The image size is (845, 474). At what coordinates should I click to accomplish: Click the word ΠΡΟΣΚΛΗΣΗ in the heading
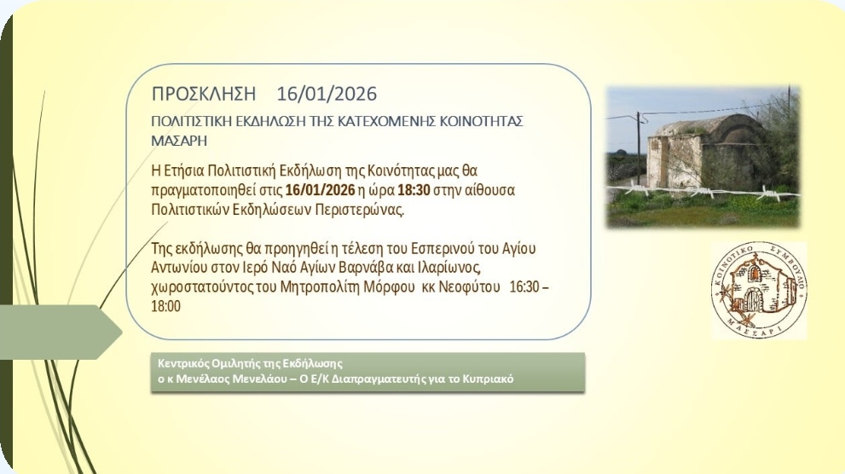pyautogui.click(x=204, y=94)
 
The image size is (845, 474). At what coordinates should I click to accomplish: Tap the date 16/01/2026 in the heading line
pyautogui.click(x=327, y=94)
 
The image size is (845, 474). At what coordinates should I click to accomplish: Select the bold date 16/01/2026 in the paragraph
pyautogui.click(x=320, y=190)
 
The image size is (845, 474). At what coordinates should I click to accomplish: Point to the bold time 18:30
pyautogui.click(x=414, y=190)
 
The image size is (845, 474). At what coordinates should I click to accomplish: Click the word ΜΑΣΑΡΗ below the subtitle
pyautogui.click(x=179, y=141)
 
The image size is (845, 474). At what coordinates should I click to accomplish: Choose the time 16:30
pyautogui.click(x=524, y=287)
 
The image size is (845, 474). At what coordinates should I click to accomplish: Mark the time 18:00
pyautogui.click(x=166, y=307)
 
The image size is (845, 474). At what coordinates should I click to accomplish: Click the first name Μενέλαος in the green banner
pyautogui.click(x=205, y=379)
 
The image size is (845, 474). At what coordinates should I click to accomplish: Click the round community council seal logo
pyautogui.click(x=759, y=291)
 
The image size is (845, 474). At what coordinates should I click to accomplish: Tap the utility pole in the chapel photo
pyautogui.click(x=639, y=148)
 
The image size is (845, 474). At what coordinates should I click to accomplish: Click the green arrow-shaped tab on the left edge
pyautogui.click(x=61, y=332)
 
